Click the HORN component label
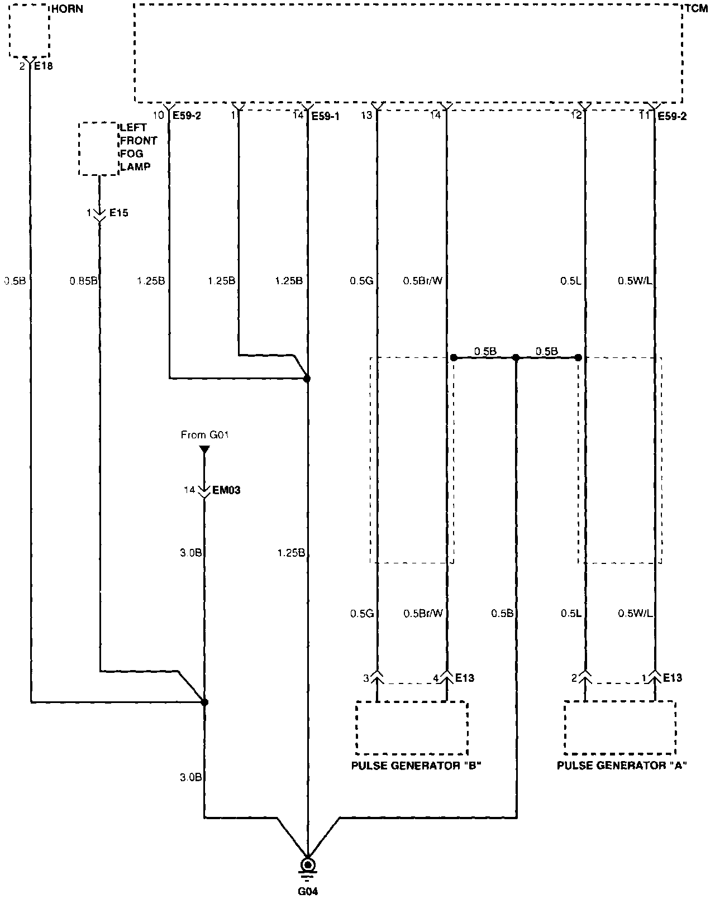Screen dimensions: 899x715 [x=67, y=10]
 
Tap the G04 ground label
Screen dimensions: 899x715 [x=307, y=891]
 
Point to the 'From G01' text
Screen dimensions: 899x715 [x=204, y=434]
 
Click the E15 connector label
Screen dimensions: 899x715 [x=118, y=213]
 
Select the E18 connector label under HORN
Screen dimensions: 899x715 [x=44, y=66]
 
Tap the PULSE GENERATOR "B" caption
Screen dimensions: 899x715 [x=416, y=766]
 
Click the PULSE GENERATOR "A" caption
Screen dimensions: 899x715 [x=622, y=766]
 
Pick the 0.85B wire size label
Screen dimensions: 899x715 [x=83, y=281]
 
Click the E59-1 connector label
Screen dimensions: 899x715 [x=325, y=116]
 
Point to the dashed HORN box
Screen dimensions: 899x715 [x=30, y=32]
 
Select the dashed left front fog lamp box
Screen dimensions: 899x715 [x=98, y=149]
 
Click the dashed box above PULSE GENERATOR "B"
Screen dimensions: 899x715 [x=412, y=726]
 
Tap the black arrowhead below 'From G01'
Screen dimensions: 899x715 [x=204, y=449]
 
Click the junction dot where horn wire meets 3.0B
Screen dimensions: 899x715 [x=204, y=702]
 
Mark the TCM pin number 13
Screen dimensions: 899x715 [x=366, y=116]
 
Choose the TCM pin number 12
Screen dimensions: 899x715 [x=576, y=116]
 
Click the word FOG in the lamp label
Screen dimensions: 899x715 [x=132, y=154]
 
